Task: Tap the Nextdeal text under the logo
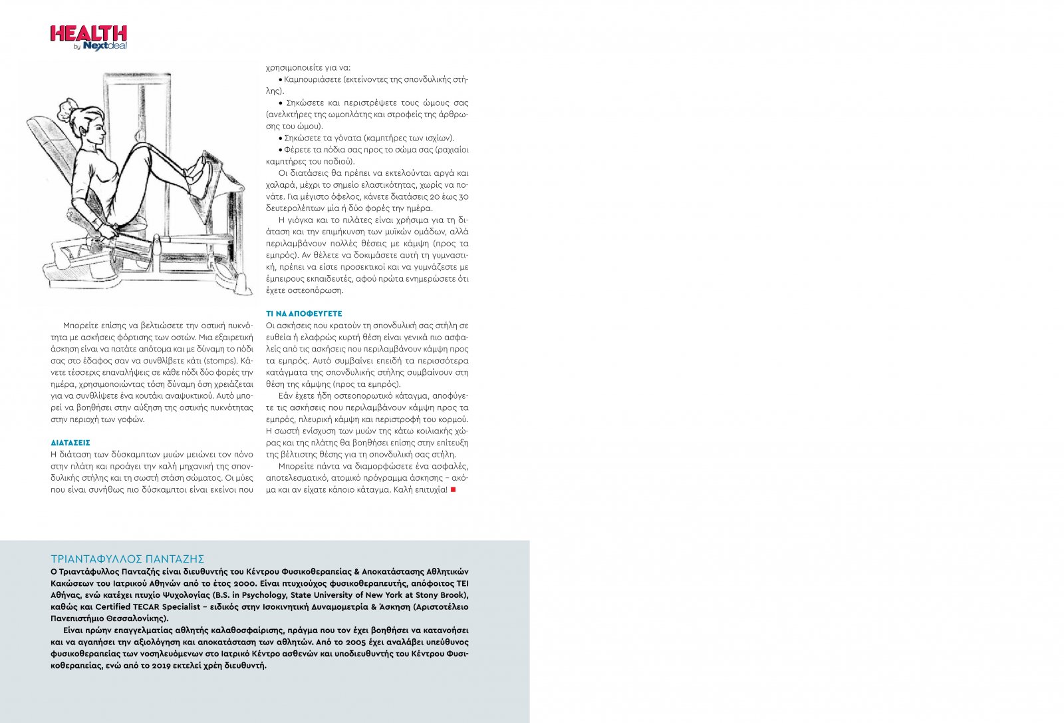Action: click(x=104, y=46)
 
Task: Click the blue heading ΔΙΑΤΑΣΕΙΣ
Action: click(x=70, y=443)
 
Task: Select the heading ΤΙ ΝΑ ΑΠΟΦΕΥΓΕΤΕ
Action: click(x=303, y=314)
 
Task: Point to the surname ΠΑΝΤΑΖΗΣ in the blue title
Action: click(x=174, y=559)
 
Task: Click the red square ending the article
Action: click(x=454, y=490)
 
